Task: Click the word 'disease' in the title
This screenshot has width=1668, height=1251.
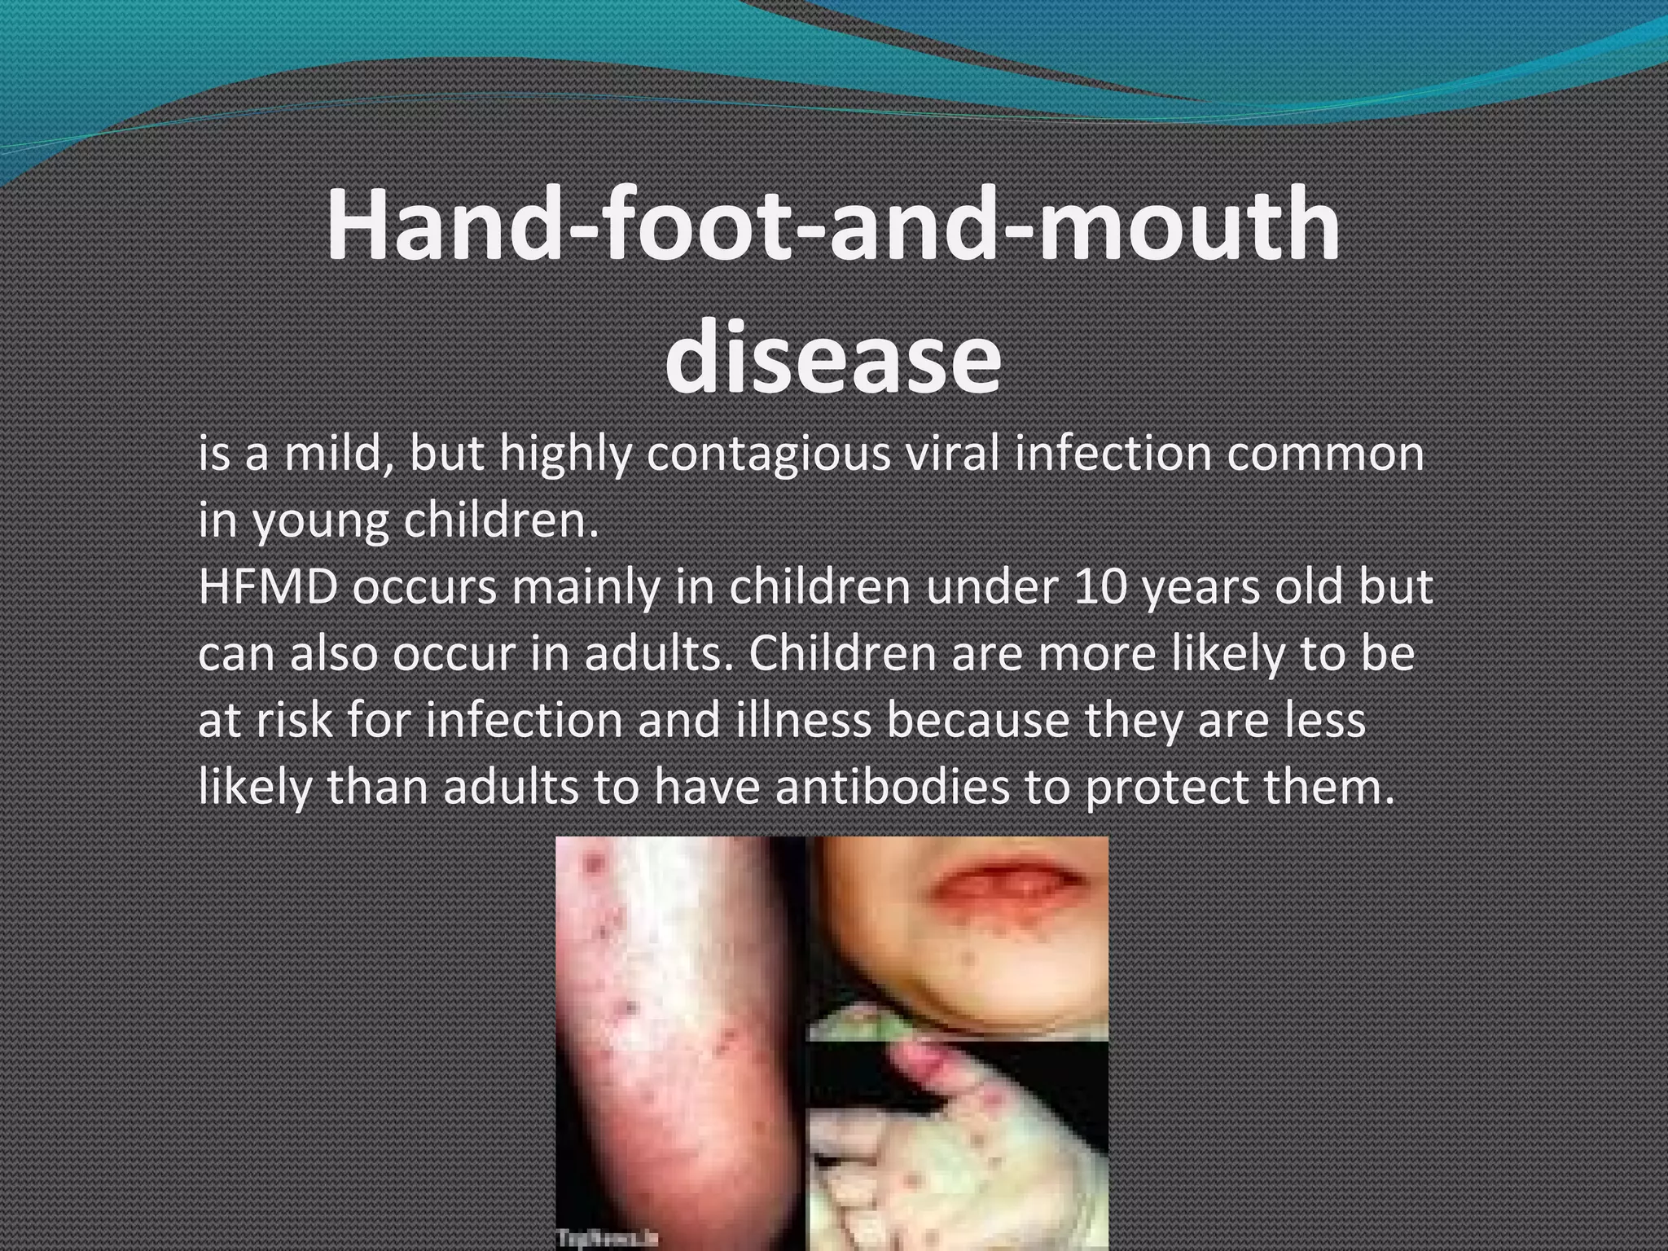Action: point(832,359)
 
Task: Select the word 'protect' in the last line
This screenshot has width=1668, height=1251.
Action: point(1165,788)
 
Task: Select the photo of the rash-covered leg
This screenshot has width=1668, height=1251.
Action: point(680,1042)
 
